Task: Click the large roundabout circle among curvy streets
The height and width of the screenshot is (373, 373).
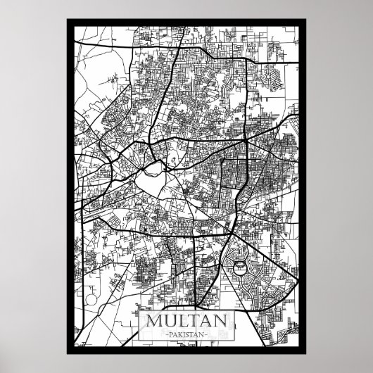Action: click(241, 267)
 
